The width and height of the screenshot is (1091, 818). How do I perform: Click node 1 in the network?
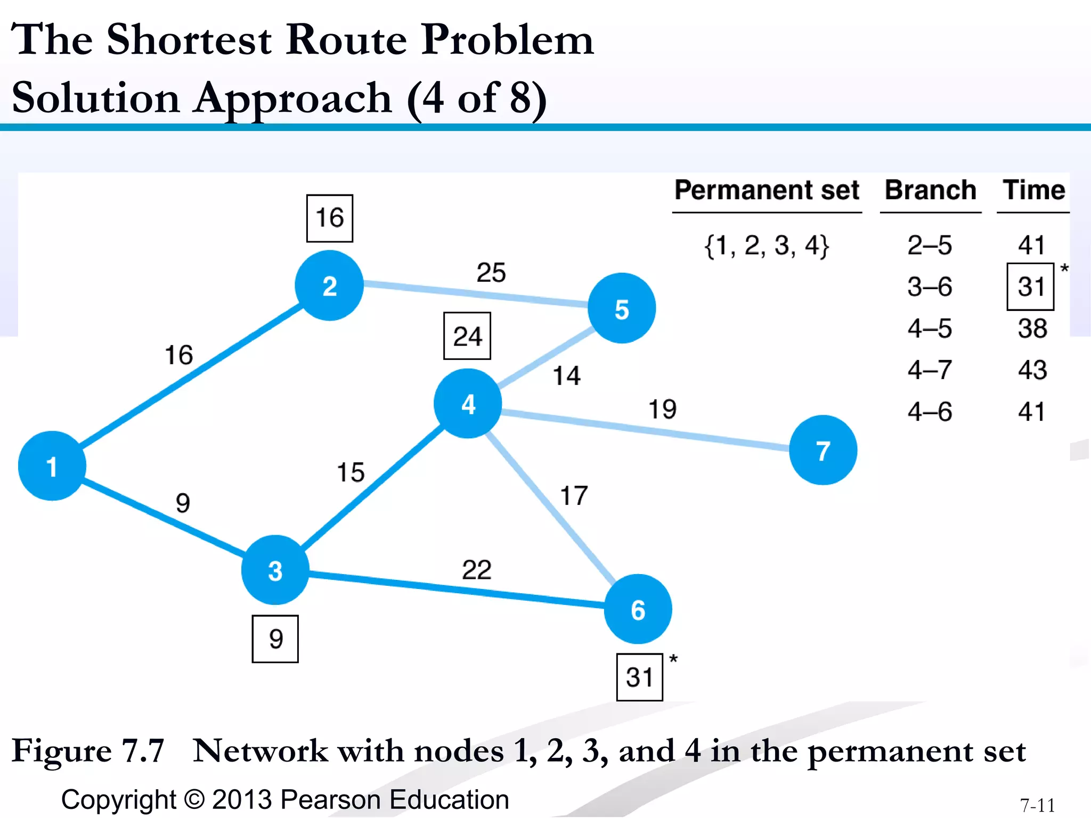click(x=52, y=466)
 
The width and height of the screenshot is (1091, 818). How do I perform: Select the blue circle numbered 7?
click(x=823, y=450)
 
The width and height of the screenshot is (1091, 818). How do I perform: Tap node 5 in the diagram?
click(x=622, y=308)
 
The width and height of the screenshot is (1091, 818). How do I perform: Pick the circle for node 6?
click(x=638, y=609)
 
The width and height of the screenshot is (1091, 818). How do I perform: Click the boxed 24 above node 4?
click(x=467, y=336)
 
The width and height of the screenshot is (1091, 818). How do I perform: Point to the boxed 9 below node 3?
click(x=275, y=639)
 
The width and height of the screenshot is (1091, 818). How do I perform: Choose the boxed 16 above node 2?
click(x=329, y=218)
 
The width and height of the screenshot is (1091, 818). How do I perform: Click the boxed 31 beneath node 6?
click(x=639, y=677)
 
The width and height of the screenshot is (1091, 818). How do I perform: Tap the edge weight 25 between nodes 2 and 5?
click(x=491, y=273)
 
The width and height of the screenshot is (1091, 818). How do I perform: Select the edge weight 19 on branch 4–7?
click(x=662, y=409)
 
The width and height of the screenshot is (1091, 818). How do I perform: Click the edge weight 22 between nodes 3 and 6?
click(x=476, y=570)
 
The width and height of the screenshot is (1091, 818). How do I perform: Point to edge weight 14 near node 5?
click(x=566, y=375)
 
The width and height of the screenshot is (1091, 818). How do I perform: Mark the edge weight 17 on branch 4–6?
click(x=574, y=496)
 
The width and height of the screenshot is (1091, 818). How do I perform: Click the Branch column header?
click(x=930, y=190)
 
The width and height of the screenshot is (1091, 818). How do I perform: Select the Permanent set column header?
click(x=767, y=190)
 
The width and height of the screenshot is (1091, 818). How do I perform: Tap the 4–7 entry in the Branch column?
click(x=930, y=370)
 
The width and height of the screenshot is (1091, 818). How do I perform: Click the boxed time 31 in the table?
click(x=1030, y=287)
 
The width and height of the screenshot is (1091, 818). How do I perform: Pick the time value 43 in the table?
click(x=1032, y=370)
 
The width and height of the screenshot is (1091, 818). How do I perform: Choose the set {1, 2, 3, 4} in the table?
click(x=767, y=246)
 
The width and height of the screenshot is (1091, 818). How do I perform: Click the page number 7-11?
click(x=1037, y=805)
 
